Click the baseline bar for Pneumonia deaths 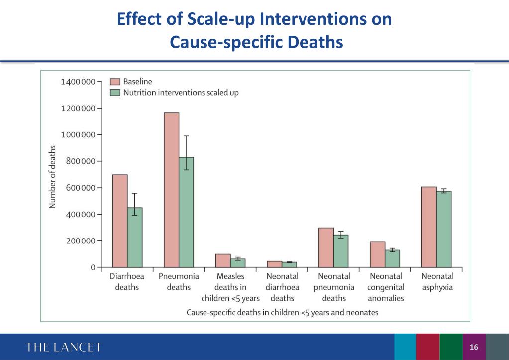tap(172, 190)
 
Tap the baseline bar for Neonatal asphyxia tap(429, 227)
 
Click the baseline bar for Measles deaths tap(223, 260)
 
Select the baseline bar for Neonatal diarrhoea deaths tap(275, 264)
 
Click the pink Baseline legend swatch tap(115, 82)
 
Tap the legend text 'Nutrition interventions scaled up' tap(181, 93)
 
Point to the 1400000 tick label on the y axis tap(79, 82)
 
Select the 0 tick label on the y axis tap(93, 267)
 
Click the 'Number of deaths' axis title tap(52, 177)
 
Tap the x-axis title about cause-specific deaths tap(282, 313)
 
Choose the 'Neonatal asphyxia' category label tap(437, 282)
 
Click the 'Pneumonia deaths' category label tap(179, 282)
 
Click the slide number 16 tap(474, 347)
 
